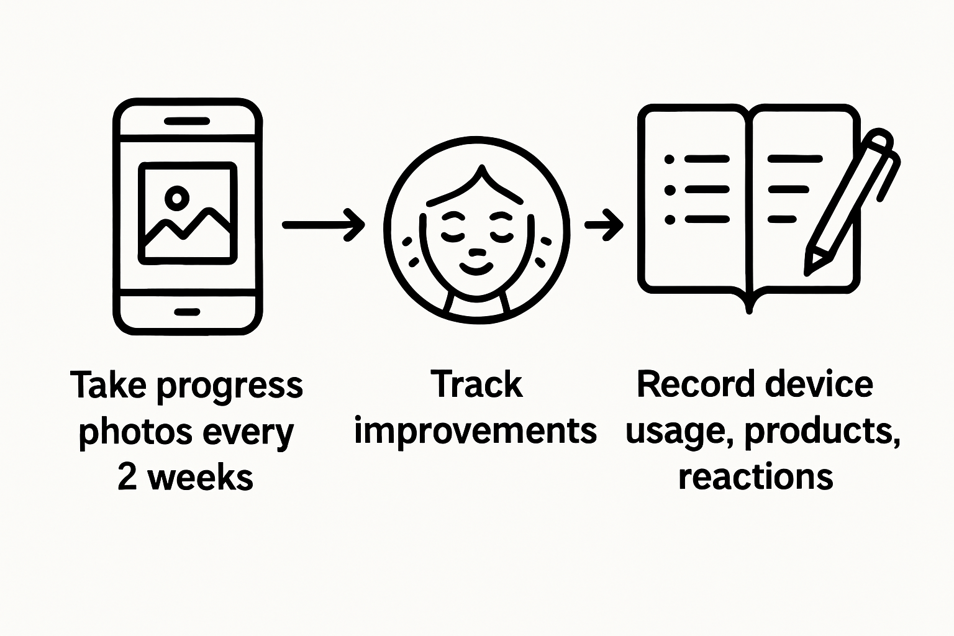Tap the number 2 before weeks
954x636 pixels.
click(x=127, y=478)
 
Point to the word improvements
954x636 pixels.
click(x=475, y=431)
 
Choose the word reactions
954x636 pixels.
click(x=755, y=477)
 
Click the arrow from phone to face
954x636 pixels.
click(x=323, y=224)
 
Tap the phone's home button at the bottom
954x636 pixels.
click(x=188, y=311)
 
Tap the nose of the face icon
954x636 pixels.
click(x=476, y=252)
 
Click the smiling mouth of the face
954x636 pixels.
click(x=476, y=268)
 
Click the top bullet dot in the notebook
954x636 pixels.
click(x=670, y=160)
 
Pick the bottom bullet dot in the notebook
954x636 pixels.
click(x=670, y=219)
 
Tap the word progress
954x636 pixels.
click(x=230, y=386)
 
